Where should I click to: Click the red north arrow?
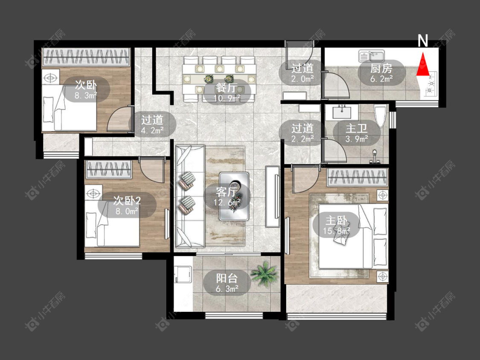(x=423, y=64)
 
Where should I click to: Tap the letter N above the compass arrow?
(x=423, y=41)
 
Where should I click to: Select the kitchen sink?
(x=372, y=56)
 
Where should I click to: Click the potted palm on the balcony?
(x=265, y=273)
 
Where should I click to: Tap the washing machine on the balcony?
(x=183, y=275)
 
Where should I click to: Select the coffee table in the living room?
(x=234, y=196)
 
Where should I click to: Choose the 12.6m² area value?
(x=227, y=202)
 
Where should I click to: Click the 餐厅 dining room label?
(x=227, y=88)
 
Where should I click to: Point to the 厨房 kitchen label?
(x=381, y=68)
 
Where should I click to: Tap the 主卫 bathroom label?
(x=356, y=128)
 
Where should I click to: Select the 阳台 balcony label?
(x=227, y=278)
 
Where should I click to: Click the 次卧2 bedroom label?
(x=127, y=200)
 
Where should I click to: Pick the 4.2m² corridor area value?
(x=152, y=131)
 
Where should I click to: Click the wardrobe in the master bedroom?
(x=357, y=177)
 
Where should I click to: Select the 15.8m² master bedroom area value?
(x=337, y=231)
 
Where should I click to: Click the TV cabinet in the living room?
(x=273, y=196)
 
